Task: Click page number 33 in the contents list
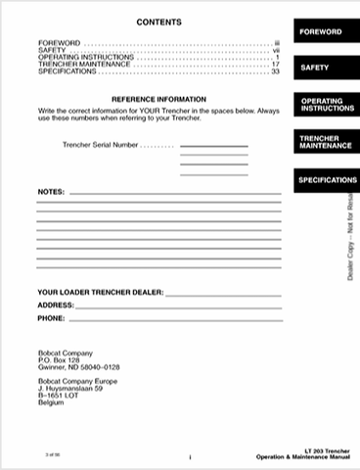coord(276,71)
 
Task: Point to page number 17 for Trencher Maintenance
coord(276,65)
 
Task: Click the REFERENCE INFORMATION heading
coord(157,100)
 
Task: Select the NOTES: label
coord(50,193)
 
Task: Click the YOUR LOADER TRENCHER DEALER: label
coord(100,292)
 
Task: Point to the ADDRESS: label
coord(57,305)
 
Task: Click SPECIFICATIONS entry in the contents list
coord(67,71)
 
